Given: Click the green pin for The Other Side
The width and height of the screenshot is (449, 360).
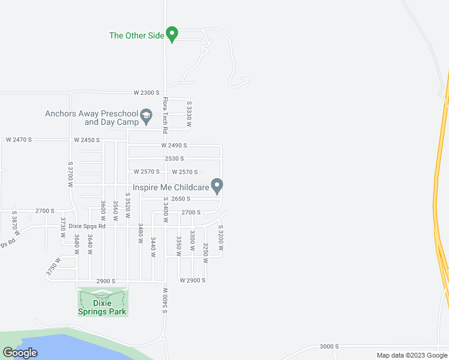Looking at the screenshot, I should (172, 35).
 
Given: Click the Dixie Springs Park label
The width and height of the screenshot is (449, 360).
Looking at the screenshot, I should (103, 307).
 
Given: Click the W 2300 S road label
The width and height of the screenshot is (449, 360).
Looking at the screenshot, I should (146, 93).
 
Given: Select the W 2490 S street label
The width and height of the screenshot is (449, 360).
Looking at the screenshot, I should (174, 146).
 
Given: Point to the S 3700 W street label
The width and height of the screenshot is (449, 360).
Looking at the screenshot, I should (70, 174).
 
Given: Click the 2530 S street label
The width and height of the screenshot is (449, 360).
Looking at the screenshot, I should (174, 158).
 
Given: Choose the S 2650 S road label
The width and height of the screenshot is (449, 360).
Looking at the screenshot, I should (176, 199).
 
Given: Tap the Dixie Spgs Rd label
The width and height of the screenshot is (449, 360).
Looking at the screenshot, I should (87, 226).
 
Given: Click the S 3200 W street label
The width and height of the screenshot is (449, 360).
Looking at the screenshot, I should (221, 238).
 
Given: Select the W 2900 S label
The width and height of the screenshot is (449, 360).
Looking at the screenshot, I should (193, 280).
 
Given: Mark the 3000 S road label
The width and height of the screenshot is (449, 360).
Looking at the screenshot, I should (329, 347).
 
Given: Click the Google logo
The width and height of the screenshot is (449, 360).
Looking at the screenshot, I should (20, 353).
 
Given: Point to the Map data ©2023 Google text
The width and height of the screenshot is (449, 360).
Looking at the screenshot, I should (411, 355).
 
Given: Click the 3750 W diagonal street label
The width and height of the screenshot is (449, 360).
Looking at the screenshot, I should (53, 267).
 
